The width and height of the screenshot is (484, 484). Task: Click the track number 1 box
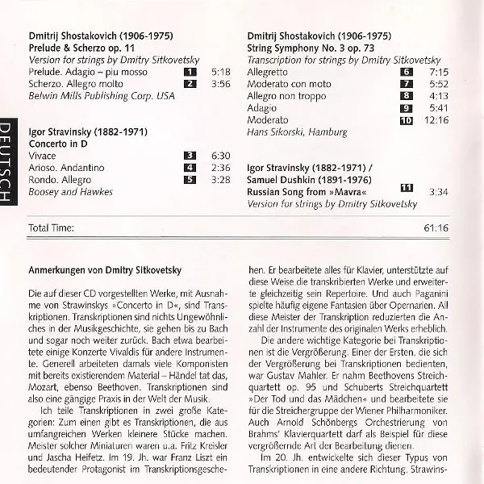coord(190,72)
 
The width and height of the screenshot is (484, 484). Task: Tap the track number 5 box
coord(190,178)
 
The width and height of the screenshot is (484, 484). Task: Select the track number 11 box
coord(407,188)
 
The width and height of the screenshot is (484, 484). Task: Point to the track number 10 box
coord(407,120)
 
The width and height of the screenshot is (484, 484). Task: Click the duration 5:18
coord(220,72)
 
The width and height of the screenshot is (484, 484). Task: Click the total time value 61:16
coord(436,227)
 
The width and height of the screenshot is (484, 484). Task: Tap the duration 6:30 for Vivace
coord(220,155)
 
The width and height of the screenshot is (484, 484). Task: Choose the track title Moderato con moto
coord(289,84)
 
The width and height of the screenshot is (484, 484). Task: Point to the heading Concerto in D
coord(57,143)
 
